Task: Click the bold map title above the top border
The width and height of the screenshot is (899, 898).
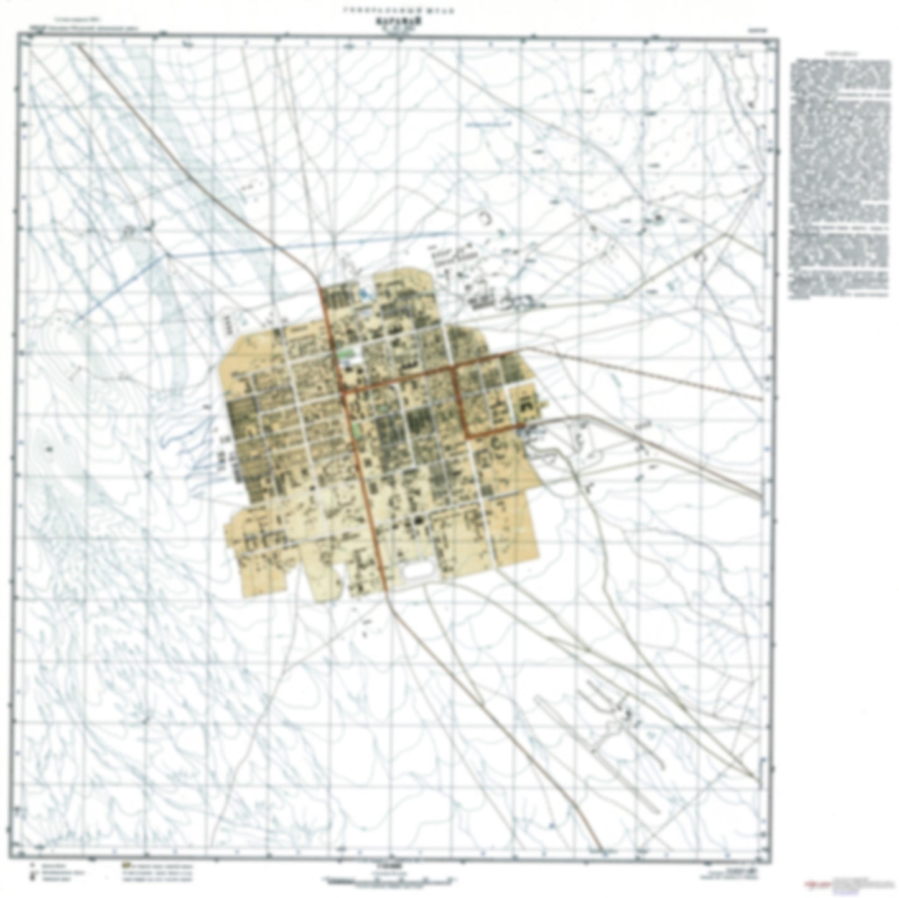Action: point(398,19)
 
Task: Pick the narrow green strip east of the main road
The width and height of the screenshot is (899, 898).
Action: point(357,428)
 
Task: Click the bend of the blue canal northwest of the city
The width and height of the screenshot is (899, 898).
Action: point(166,254)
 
